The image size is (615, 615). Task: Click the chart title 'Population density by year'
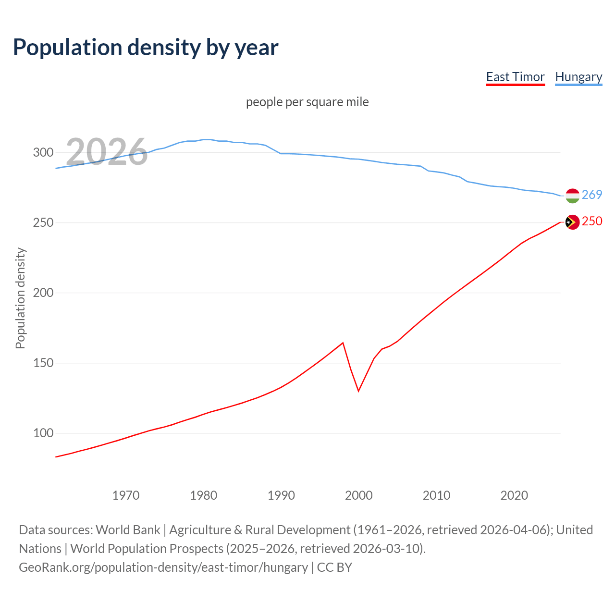tap(146, 47)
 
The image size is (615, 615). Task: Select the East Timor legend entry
tap(515, 77)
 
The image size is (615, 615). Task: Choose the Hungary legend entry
tap(578, 77)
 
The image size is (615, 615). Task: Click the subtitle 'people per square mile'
tap(307, 102)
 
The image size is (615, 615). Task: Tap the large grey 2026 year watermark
tap(107, 152)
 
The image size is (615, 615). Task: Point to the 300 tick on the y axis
tap(43, 153)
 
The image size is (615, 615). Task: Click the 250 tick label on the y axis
tap(43, 223)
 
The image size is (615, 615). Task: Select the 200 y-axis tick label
tap(43, 293)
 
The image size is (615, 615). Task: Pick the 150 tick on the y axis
tap(43, 363)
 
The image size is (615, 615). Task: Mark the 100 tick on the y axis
tap(43, 433)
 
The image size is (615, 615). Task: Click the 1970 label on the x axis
tap(126, 495)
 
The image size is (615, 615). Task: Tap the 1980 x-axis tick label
tap(204, 495)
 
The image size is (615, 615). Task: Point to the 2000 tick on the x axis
tap(359, 495)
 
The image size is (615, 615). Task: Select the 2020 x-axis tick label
tap(514, 495)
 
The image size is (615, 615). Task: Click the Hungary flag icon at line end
tap(572, 196)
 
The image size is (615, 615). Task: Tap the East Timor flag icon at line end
tap(572, 222)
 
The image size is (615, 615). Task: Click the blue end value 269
tap(592, 195)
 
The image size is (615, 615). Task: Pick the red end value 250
tap(592, 221)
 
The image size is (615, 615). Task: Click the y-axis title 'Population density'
tap(20, 298)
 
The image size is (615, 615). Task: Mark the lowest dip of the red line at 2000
tap(358, 391)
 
